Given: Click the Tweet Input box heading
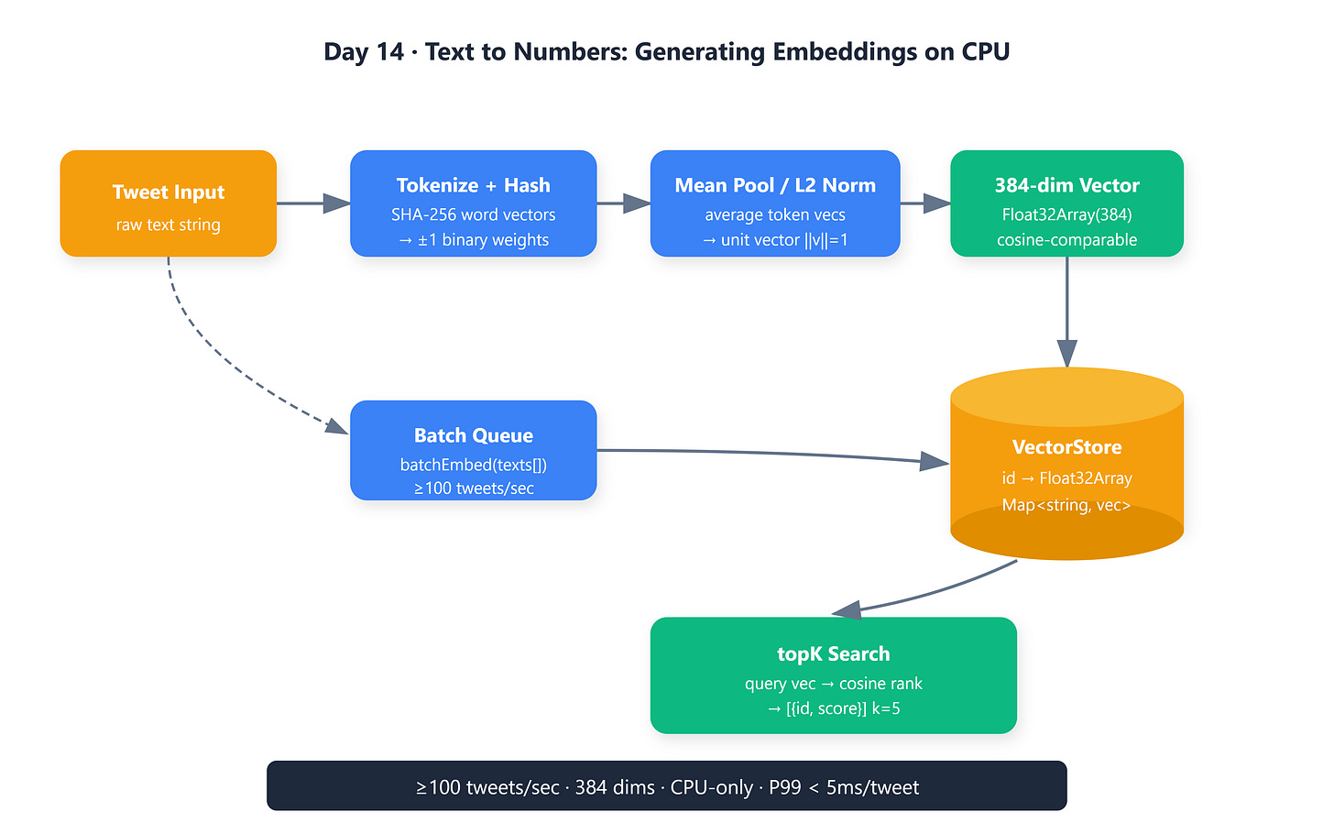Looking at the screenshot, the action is (x=168, y=192).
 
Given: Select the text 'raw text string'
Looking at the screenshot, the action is (x=168, y=225).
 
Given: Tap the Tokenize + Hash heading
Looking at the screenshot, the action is (x=474, y=185).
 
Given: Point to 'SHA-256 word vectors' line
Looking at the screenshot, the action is (x=474, y=214).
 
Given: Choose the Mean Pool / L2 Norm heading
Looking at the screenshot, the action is (x=775, y=185).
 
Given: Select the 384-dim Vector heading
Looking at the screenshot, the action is (x=1066, y=185).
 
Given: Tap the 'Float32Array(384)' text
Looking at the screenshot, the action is (x=1066, y=214).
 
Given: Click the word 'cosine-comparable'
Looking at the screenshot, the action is (x=1066, y=240).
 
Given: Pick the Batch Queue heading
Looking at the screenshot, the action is (x=474, y=435).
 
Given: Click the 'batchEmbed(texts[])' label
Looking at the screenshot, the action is (x=474, y=465).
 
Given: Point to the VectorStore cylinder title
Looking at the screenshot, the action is (x=1066, y=447).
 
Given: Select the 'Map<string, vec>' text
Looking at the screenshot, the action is (x=1066, y=505).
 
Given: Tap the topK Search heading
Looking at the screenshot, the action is (x=833, y=654).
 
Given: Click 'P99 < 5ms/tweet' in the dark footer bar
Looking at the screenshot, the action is (x=844, y=787).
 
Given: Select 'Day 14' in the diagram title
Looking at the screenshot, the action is (x=364, y=52).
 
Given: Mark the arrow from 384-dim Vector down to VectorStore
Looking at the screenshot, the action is (x=1066, y=313).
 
